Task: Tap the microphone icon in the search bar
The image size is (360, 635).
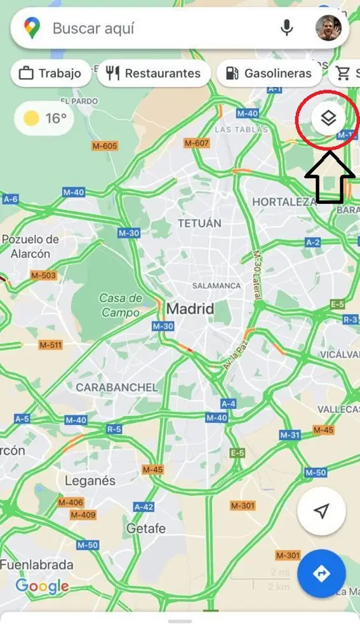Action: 287,28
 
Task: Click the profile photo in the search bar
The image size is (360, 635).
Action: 328,28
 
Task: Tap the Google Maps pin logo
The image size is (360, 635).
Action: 32,28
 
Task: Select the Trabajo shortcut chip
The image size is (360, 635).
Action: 50,74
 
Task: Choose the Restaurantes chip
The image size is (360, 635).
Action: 154,74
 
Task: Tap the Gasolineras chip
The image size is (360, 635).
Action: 269,74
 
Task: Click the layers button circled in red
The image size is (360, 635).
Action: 328,117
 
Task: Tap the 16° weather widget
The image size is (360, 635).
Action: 46,118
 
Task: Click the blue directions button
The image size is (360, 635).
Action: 321,574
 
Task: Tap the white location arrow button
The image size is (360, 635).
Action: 321,512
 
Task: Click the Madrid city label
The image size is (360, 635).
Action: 190,309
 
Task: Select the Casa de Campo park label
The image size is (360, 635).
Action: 121,305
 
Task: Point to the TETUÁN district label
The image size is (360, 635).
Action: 200,224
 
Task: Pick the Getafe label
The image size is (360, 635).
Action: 146,528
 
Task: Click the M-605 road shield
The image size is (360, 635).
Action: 105,146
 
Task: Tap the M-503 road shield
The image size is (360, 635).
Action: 43,276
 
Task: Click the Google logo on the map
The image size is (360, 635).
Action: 42,586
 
